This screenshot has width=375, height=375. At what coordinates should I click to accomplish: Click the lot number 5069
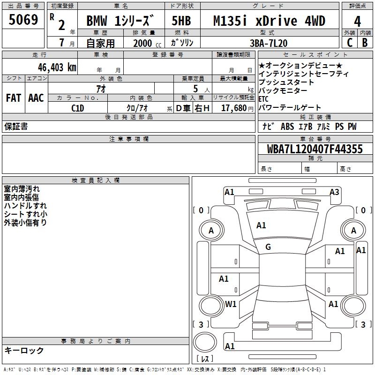click(23, 21)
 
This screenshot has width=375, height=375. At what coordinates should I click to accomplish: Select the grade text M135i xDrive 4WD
click(269, 21)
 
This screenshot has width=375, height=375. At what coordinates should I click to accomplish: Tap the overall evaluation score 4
click(357, 21)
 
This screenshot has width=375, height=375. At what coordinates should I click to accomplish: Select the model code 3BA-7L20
click(270, 42)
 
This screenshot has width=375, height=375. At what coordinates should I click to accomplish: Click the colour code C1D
click(77, 107)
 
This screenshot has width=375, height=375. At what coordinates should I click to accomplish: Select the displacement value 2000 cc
click(144, 43)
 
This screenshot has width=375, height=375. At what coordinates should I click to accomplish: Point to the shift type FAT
click(13, 98)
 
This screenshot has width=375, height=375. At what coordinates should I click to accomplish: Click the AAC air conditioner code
click(36, 98)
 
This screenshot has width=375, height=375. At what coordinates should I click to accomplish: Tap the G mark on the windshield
click(268, 247)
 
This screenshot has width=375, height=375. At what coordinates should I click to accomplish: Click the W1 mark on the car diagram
click(231, 304)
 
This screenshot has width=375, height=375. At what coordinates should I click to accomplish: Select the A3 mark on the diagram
click(334, 192)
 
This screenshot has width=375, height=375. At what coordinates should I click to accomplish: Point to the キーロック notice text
click(24, 350)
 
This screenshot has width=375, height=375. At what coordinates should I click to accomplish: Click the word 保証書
click(16, 126)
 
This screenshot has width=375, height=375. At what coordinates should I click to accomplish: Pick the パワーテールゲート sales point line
click(290, 107)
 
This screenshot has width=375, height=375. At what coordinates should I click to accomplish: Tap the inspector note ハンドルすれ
click(25, 206)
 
